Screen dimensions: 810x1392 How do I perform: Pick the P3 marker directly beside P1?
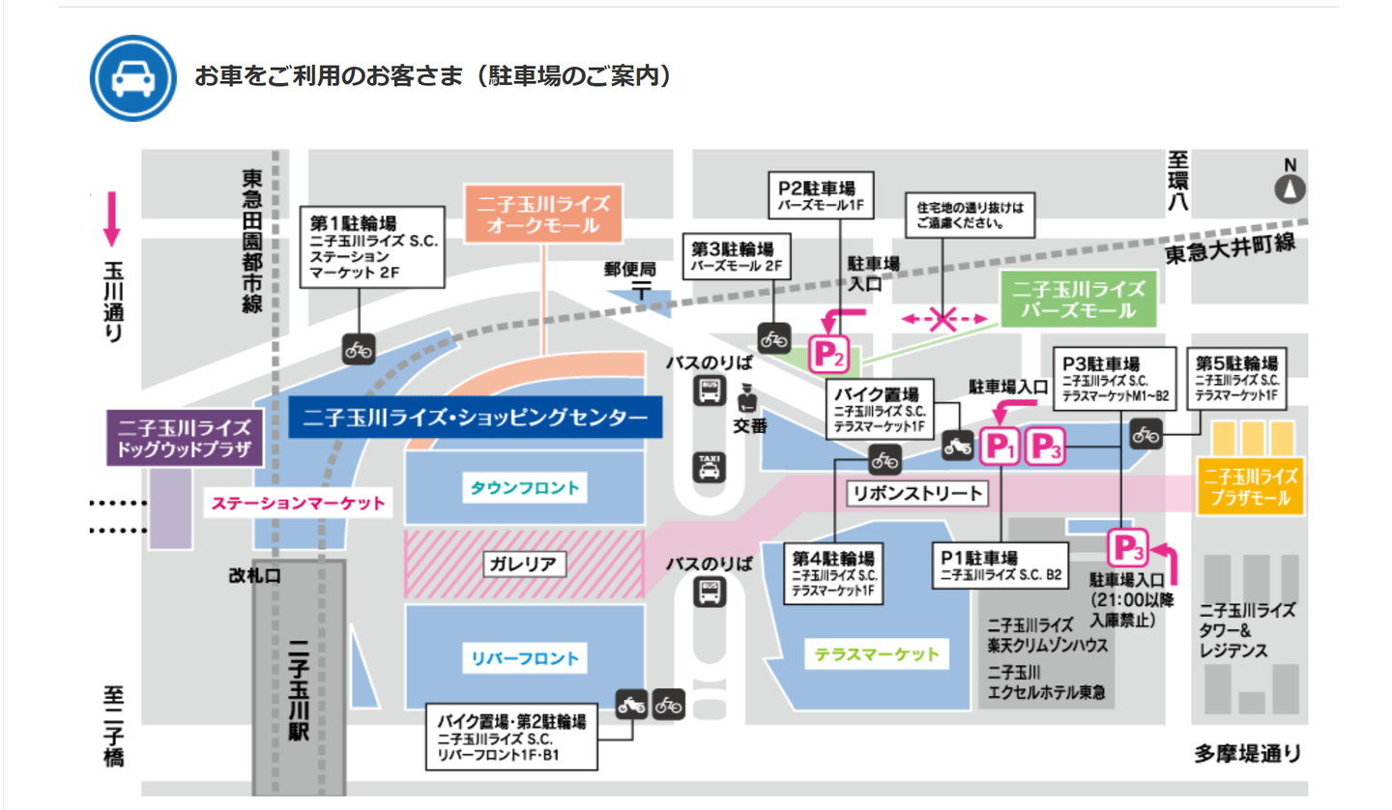coord(1044,447)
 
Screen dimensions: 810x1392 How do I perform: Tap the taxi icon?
coord(710,468)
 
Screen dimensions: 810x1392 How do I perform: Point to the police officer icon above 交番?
coord(746,398)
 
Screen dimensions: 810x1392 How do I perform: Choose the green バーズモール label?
coord(1077,300)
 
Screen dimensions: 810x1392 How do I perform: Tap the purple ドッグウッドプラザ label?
coord(184,438)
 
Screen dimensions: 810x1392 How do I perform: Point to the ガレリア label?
coord(525,563)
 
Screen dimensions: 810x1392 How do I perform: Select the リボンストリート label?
coord(915,493)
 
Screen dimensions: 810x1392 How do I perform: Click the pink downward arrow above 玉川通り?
coord(111,219)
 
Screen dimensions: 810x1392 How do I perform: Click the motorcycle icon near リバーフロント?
coord(631,705)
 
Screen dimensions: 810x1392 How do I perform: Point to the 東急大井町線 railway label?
coord(1229,246)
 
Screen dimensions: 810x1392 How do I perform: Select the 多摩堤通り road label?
coord(1246,752)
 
